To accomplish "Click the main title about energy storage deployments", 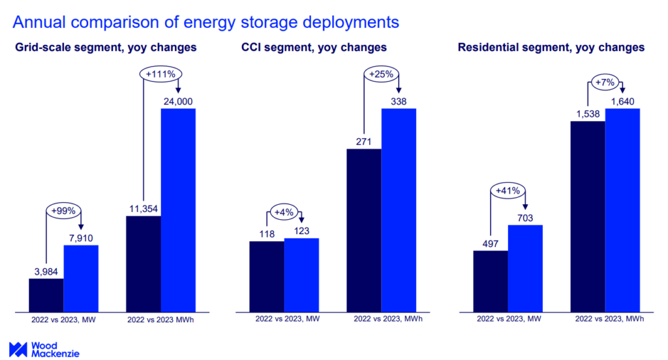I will click(x=205, y=22).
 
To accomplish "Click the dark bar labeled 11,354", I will click(x=144, y=263).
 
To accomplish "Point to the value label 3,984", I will click(x=46, y=270).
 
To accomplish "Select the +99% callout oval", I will click(x=63, y=211).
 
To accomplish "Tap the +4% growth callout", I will click(x=284, y=213).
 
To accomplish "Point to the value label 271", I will click(x=363, y=140).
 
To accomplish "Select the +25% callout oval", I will click(x=381, y=74).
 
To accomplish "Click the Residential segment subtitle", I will click(x=551, y=48).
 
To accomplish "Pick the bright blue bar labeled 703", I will click(x=525, y=268).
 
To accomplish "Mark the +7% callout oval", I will click(x=605, y=82).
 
